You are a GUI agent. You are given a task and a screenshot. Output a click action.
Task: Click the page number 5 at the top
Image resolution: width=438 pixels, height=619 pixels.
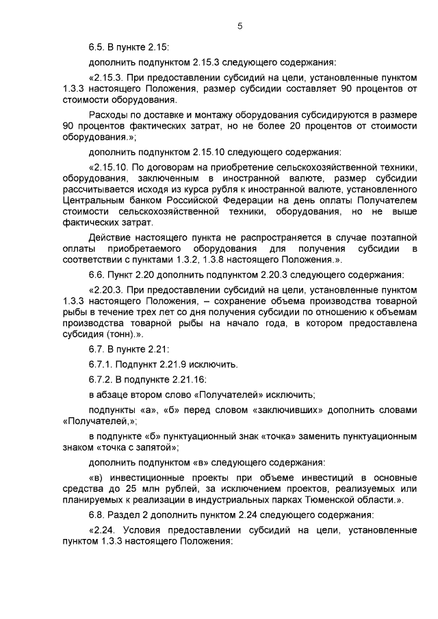[240, 27]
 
